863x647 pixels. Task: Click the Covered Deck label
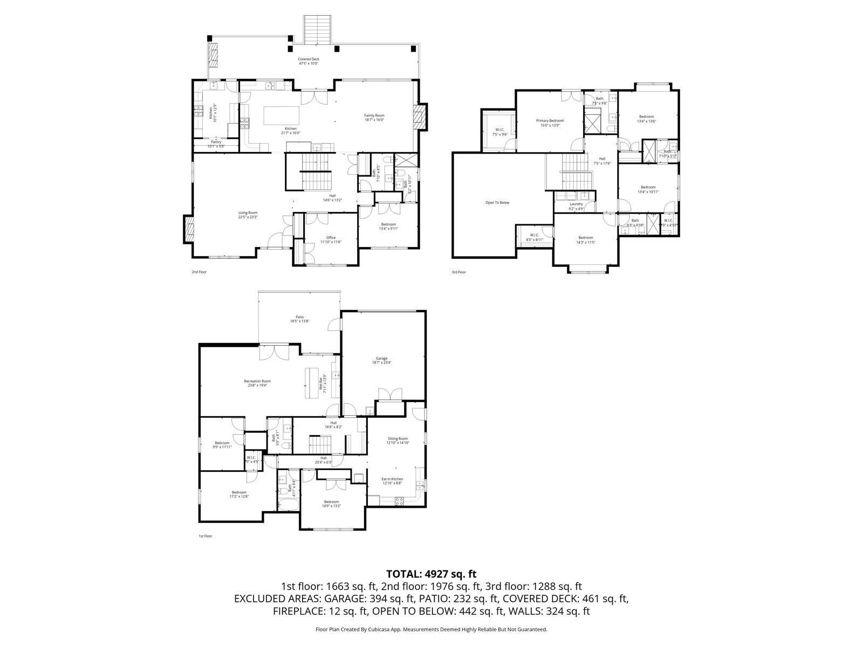(x=309, y=61)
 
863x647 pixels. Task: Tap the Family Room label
(x=374, y=118)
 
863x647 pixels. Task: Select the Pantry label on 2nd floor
(x=216, y=144)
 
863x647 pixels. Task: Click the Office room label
(x=331, y=239)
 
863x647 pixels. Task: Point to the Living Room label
(x=248, y=215)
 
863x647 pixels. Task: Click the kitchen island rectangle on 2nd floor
(x=281, y=115)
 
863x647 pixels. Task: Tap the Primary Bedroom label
(x=550, y=122)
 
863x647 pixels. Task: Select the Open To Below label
(x=497, y=203)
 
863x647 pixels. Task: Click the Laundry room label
(x=576, y=205)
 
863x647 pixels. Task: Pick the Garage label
(x=382, y=360)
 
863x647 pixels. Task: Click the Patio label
(x=299, y=319)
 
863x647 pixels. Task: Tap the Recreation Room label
(x=257, y=383)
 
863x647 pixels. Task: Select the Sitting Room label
(x=398, y=440)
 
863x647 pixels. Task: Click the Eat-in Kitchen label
(x=392, y=481)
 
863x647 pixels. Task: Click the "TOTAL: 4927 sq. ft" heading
(x=431, y=574)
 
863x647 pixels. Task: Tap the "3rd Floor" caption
(x=458, y=272)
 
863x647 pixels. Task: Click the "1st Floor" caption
(x=206, y=536)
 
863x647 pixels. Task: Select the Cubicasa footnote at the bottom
(x=431, y=629)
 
